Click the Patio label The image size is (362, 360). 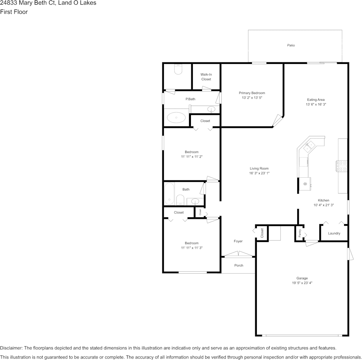pos(291,45)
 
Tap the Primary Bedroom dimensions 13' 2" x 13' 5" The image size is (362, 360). pos(252,97)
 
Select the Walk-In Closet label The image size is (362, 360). pos(206,77)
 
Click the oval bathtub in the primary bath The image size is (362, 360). pos(176,118)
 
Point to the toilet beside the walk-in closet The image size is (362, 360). pos(178,69)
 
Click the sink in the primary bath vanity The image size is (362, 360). pos(211,109)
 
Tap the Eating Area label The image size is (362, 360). pos(316,100)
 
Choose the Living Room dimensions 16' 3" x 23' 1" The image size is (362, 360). pos(259,173)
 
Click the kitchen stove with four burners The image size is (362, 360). pos(342,166)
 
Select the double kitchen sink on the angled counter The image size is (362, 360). pos(309,147)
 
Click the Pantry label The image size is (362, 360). pos(300,233)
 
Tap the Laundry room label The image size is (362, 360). pos(334,233)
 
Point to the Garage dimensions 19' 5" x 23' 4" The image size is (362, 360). pos(302,283)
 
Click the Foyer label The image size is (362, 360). pos(238,241)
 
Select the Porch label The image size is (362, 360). pos(239,265)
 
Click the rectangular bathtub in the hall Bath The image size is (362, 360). pos(169,194)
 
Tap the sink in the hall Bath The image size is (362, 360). pos(195,201)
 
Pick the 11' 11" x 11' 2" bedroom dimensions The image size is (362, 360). pos(192,156)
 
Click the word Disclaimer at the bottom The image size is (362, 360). pos(11,348)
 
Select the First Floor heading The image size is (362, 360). pos(14,12)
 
